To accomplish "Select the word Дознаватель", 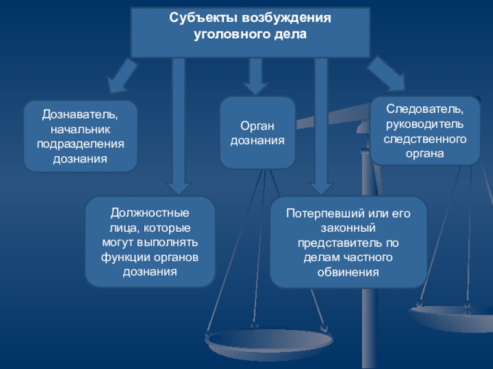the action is coord(80,115).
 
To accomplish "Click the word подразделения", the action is coord(81,145).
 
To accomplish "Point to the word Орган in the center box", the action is coord(257,126).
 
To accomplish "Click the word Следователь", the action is coord(425,109).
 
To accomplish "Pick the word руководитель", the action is coord(425,124).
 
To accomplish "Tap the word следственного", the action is coord(425,139).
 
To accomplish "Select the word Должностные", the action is coord(150,213).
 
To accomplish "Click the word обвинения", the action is coord(348,272).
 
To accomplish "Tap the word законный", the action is coord(348,228).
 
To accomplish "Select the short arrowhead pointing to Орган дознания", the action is coord(256,89).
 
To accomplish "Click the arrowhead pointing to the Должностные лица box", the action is coord(178,189).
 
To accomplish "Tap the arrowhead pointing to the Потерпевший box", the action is coord(321,189).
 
